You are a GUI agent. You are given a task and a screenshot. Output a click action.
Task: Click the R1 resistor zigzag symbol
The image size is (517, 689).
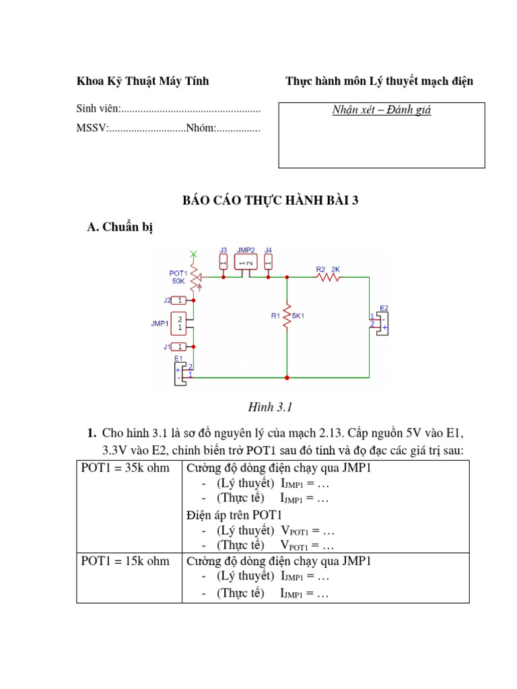287,314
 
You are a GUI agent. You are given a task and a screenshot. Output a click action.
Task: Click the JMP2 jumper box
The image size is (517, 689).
246,262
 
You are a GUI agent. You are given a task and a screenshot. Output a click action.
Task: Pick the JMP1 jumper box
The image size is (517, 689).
179,324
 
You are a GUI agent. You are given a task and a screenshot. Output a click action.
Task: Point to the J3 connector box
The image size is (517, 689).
223,262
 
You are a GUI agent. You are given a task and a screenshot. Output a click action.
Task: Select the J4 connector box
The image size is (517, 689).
268,262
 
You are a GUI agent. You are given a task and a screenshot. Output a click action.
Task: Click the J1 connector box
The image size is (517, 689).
179,347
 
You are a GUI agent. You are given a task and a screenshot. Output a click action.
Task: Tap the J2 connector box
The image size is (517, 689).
179,300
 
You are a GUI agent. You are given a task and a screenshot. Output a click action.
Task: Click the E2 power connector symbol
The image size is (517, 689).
381,322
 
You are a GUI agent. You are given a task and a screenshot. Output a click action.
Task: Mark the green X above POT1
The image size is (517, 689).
194,254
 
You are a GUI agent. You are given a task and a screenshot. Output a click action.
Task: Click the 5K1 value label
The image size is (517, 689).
298,315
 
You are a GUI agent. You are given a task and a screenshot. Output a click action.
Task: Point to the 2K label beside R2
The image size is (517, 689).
336,268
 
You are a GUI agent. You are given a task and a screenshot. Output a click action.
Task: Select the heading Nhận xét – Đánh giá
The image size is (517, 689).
382,110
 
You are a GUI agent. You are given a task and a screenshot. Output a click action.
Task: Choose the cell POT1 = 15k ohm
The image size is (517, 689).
125,560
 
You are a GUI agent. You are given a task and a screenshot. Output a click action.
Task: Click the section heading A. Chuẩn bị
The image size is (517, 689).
120,227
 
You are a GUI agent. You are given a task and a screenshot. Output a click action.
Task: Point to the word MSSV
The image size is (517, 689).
91,129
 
